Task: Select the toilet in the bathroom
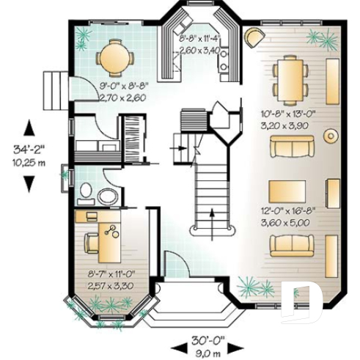(x=87, y=192)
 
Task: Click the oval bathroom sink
(x=108, y=196)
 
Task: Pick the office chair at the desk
(x=91, y=243)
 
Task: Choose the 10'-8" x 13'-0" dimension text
(x=287, y=114)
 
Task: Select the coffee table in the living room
(x=287, y=191)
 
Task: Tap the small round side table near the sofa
(x=331, y=135)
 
